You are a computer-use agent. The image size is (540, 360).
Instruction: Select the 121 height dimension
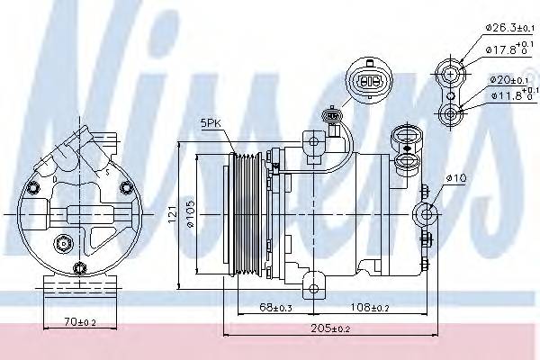point(182,214)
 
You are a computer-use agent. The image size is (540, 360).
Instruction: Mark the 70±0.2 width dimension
point(80,320)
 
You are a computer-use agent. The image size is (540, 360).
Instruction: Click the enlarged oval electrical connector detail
point(368,78)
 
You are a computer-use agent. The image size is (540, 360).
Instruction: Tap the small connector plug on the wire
point(335,115)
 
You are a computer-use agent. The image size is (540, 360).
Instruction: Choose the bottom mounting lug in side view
point(314,289)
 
